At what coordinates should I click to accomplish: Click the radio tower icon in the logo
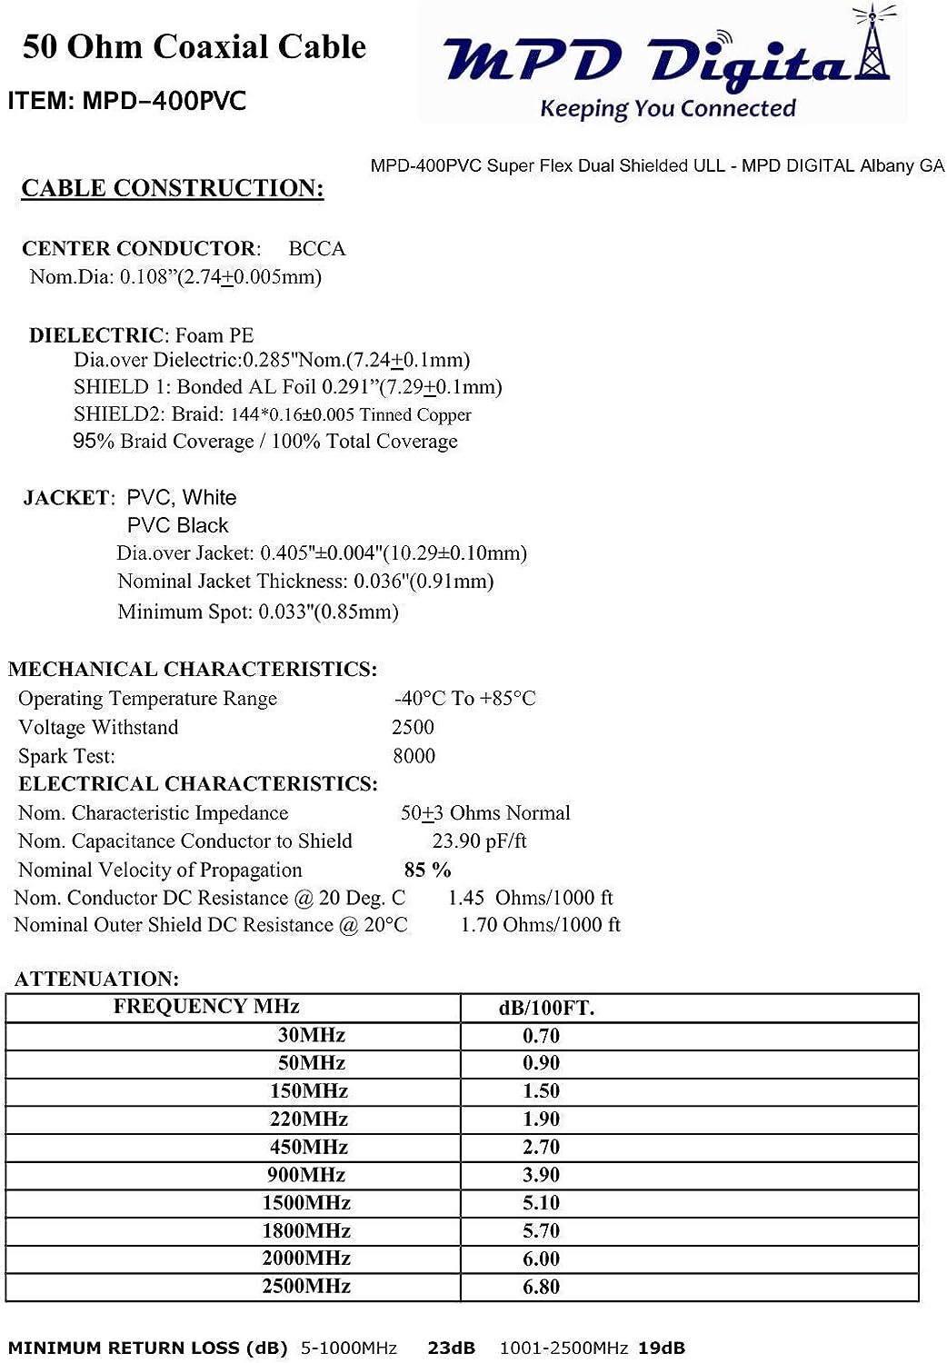click(x=872, y=45)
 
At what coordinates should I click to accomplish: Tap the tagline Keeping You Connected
click(x=667, y=109)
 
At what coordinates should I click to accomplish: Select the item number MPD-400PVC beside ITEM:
click(x=164, y=101)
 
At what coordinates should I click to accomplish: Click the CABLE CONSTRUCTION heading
click(x=173, y=188)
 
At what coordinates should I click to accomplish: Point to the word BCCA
click(x=316, y=249)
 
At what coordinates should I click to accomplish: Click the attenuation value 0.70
click(x=541, y=1036)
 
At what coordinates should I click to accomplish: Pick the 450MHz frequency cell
click(x=309, y=1148)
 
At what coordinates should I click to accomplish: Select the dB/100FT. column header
click(x=546, y=1008)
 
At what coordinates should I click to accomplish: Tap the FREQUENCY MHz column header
click(x=206, y=1007)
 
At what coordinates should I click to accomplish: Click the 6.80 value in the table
click(x=541, y=1287)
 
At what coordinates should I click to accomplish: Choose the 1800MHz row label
click(x=306, y=1231)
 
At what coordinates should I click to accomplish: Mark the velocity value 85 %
click(x=427, y=871)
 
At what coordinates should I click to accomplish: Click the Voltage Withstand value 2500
click(x=413, y=727)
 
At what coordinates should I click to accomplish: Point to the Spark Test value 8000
click(x=414, y=756)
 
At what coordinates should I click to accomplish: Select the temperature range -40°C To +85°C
click(x=464, y=699)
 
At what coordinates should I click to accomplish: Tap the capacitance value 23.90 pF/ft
click(x=479, y=841)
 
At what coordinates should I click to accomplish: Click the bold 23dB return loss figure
click(x=452, y=1348)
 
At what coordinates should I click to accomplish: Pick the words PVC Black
click(x=178, y=525)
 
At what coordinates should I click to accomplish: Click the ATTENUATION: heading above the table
click(x=96, y=979)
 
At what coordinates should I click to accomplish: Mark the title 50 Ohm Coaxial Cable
click(x=194, y=46)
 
